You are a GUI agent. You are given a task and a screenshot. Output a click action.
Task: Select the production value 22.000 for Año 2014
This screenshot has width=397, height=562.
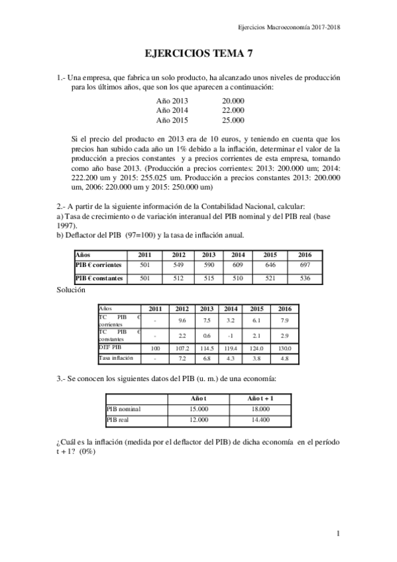(x=233, y=110)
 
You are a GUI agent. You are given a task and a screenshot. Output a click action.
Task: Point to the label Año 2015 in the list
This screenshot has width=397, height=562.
(x=172, y=120)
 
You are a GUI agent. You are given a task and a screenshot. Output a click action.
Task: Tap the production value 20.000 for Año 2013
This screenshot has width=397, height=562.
(x=233, y=100)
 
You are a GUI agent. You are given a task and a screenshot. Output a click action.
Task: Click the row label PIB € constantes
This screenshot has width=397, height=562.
(x=99, y=278)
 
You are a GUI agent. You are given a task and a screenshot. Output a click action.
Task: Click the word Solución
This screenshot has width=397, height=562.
(x=71, y=290)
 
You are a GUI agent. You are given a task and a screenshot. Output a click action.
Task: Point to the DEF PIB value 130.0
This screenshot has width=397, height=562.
(x=284, y=348)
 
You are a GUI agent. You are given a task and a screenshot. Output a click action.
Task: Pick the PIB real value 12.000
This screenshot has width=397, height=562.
(x=199, y=420)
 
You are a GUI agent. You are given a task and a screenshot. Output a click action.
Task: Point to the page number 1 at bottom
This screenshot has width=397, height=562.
(x=338, y=533)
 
